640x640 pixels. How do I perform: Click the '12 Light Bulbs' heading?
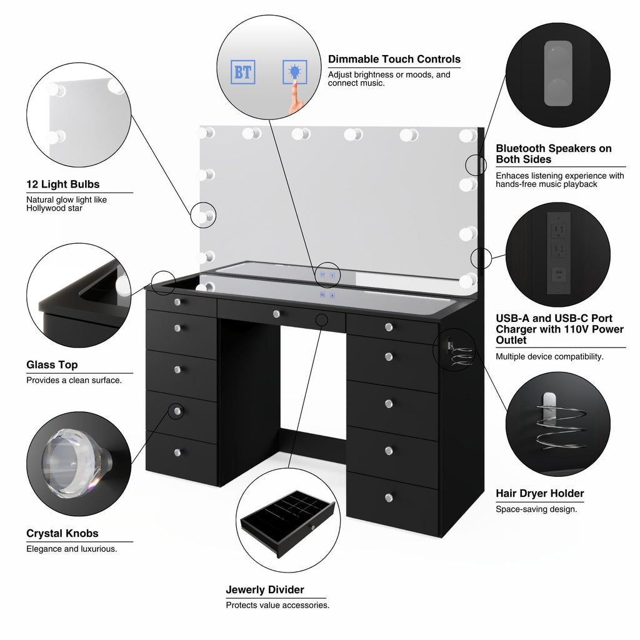(x=62, y=184)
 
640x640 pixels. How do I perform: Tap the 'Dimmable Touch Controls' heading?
(x=394, y=59)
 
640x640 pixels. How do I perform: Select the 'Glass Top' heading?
(x=52, y=365)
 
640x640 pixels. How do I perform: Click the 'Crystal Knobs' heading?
(x=62, y=533)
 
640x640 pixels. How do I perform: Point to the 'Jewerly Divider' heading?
(x=265, y=589)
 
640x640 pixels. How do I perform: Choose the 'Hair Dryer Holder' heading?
(x=539, y=493)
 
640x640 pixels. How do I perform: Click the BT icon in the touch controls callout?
(x=242, y=72)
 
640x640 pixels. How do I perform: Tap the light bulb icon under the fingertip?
(x=294, y=72)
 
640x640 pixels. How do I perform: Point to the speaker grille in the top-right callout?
(x=557, y=74)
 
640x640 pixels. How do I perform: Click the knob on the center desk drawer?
(x=276, y=314)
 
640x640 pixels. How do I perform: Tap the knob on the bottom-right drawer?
(x=389, y=497)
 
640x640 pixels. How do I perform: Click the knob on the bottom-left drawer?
(x=177, y=452)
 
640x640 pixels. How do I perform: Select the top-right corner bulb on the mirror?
(x=466, y=136)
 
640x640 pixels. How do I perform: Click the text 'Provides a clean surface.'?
(x=74, y=380)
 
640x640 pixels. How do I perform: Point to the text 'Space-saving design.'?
(x=536, y=509)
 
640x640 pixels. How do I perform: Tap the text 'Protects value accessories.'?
(x=277, y=605)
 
